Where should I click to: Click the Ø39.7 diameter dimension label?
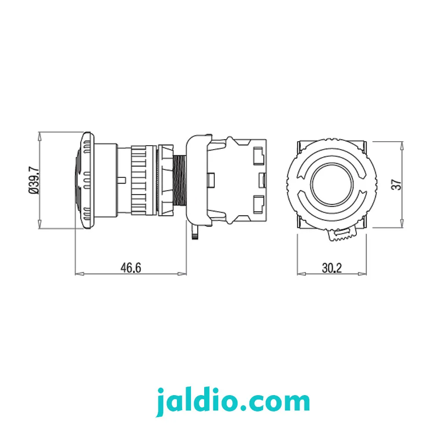click(34, 180)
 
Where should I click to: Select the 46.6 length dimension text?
click(131, 268)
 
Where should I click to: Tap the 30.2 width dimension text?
click(332, 268)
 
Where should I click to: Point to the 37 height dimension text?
click(396, 185)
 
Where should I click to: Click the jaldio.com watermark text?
click(233, 402)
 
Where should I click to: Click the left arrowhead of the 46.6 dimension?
click(79, 274)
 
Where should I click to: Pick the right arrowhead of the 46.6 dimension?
click(182, 274)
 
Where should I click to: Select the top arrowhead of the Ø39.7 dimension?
click(39, 136)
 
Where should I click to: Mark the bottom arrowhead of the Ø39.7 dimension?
click(39, 224)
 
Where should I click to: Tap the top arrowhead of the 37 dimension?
click(402, 146)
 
